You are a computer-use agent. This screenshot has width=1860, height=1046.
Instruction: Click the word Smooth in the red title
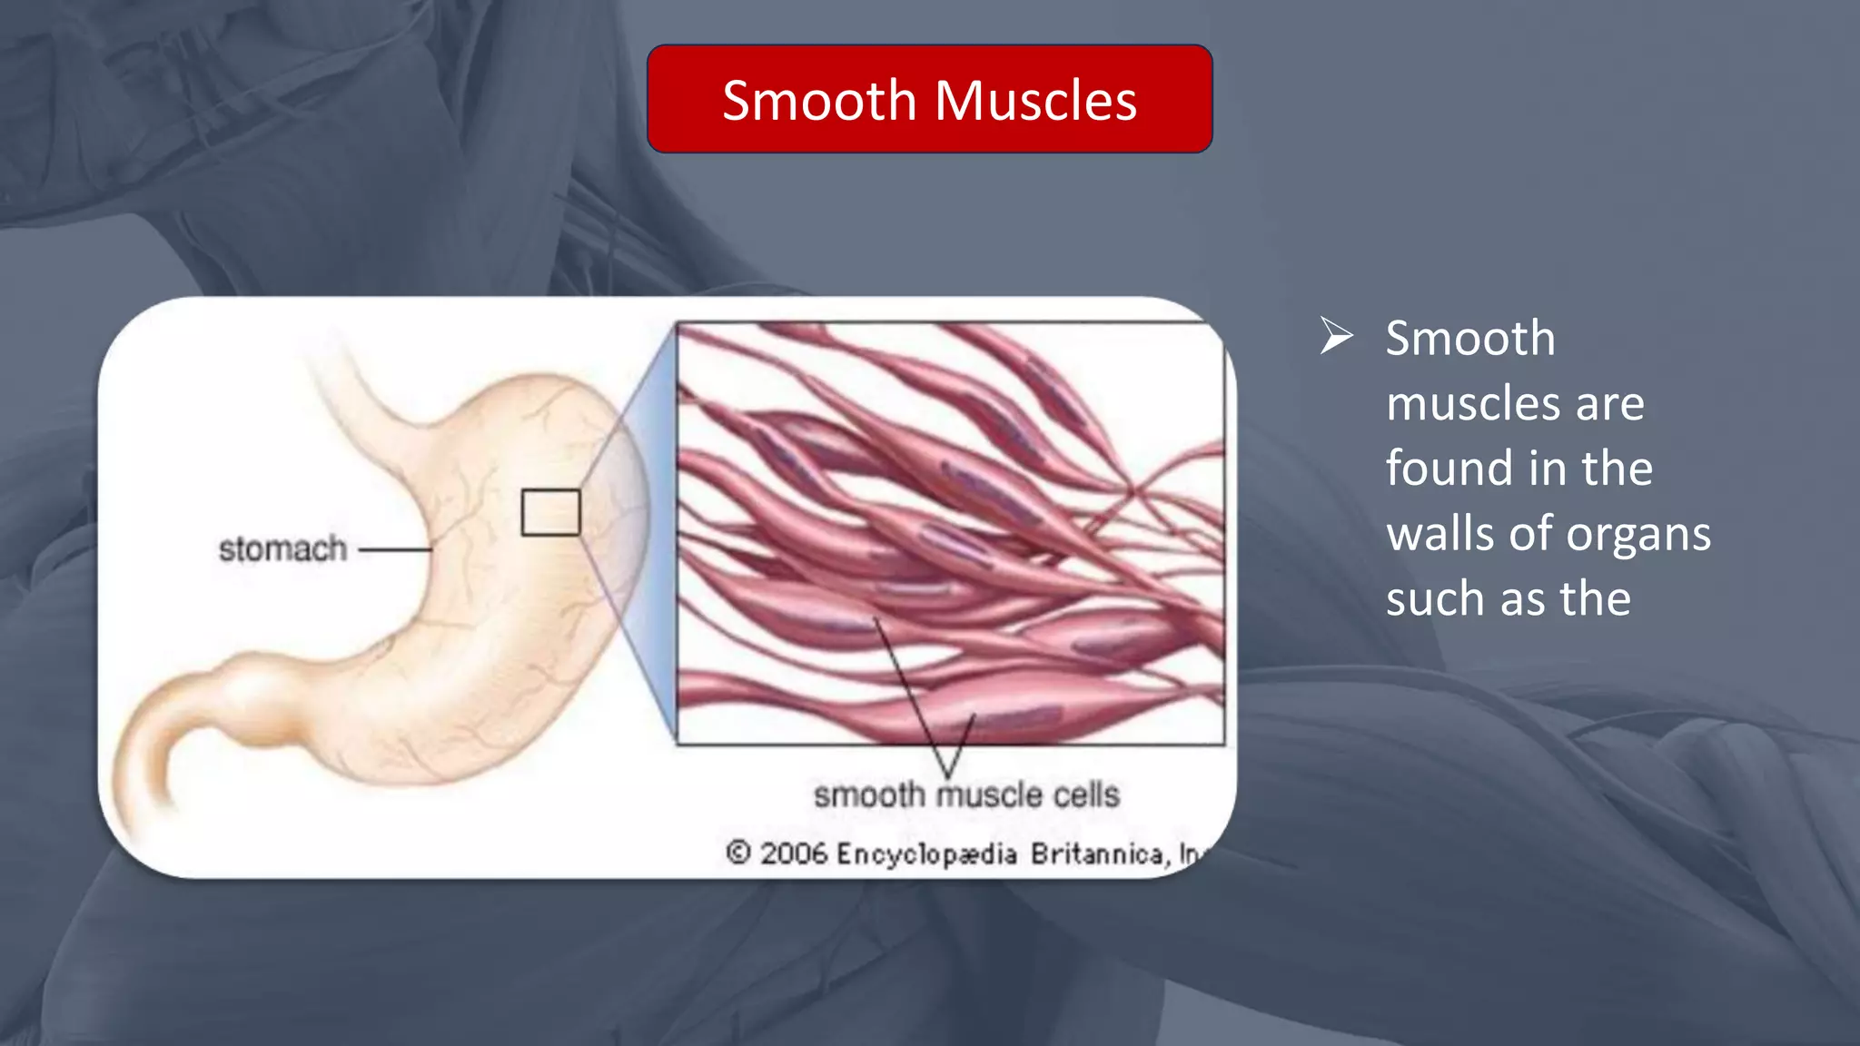click(x=818, y=100)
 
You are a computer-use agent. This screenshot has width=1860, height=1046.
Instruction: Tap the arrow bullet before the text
click(x=1336, y=337)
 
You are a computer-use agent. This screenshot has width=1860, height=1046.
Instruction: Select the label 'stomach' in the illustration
click(x=282, y=549)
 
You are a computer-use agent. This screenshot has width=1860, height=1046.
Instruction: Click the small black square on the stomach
click(x=550, y=512)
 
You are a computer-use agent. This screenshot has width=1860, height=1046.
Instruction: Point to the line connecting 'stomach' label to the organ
click(x=395, y=549)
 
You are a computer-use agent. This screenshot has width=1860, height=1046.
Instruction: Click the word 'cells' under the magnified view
click(x=1085, y=795)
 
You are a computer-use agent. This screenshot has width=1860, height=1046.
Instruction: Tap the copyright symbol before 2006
click(x=738, y=853)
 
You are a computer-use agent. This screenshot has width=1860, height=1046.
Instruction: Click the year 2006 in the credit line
click(x=794, y=854)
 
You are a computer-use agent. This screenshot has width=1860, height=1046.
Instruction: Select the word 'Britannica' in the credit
click(x=1097, y=854)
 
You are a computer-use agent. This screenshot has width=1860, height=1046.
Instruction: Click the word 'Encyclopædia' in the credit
click(x=926, y=854)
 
